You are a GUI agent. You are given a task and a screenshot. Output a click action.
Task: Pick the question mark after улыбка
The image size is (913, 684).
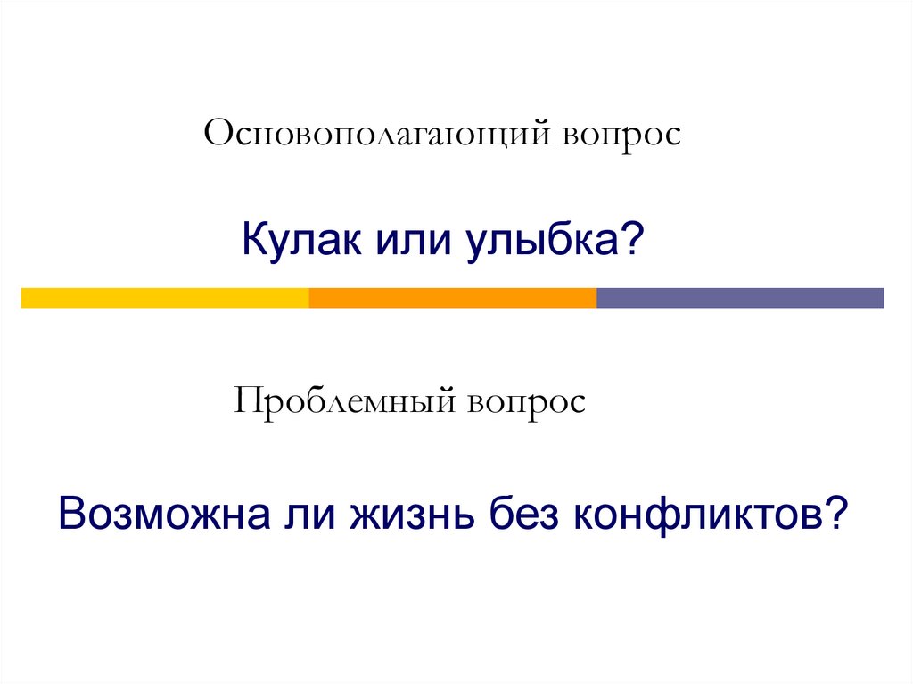[x=634, y=239]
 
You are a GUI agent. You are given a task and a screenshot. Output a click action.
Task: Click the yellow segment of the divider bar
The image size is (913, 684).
[x=165, y=298]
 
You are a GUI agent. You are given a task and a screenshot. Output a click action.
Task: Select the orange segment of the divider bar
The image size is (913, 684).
[x=452, y=298]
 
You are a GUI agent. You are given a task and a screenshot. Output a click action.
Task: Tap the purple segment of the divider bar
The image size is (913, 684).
[x=740, y=298]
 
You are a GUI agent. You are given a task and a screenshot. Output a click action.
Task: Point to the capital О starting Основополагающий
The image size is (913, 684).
[x=218, y=136]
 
